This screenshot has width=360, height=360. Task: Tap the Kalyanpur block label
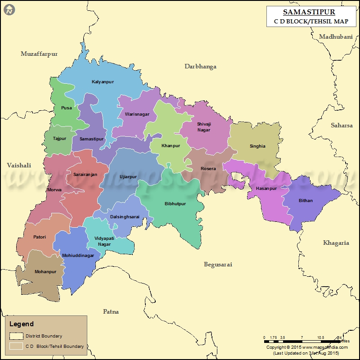click(x=103, y=82)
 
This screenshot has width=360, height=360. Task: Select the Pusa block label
click(x=66, y=108)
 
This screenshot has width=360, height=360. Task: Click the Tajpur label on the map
click(x=59, y=139)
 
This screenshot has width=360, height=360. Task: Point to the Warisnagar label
click(x=137, y=114)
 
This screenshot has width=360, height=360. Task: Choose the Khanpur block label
click(x=171, y=146)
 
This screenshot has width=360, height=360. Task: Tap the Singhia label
click(x=257, y=146)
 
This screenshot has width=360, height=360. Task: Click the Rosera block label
click(x=208, y=169)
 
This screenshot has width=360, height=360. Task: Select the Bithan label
click(x=306, y=201)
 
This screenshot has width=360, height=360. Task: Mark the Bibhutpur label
click(x=175, y=204)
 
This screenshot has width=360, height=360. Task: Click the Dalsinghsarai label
click(x=125, y=217)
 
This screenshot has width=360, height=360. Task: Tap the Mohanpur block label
click(x=45, y=272)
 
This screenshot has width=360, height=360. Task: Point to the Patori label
click(x=40, y=237)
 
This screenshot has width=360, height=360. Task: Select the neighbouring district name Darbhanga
click(x=200, y=67)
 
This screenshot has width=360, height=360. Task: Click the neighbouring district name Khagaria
click(x=336, y=243)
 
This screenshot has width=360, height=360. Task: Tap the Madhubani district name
click(x=336, y=37)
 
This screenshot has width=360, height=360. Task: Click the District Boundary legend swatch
click(x=17, y=336)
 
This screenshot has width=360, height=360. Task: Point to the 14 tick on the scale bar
click(x=340, y=337)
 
